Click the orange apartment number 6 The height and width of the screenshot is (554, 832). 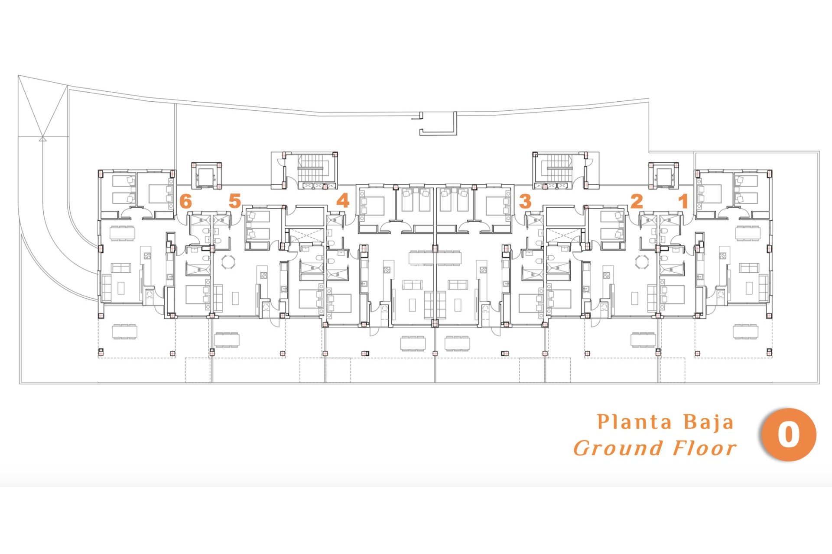[185, 201]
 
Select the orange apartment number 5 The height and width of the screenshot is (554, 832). [234, 201]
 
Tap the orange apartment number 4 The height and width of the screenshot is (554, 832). [343, 201]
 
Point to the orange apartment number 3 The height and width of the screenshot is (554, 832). [525, 201]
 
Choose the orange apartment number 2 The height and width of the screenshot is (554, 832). [636, 201]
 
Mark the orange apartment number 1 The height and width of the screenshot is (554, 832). [683, 201]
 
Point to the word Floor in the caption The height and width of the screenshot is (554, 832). [705, 448]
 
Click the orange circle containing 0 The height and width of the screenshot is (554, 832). [788, 435]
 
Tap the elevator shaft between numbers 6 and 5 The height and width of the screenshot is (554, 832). [206, 175]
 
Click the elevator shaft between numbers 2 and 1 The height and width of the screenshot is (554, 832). [663, 175]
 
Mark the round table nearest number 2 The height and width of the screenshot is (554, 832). [642, 262]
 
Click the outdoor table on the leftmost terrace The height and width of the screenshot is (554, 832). [124, 332]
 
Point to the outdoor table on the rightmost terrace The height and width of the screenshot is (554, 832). [745, 331]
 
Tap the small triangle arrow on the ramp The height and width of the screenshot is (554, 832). [42, 139]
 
